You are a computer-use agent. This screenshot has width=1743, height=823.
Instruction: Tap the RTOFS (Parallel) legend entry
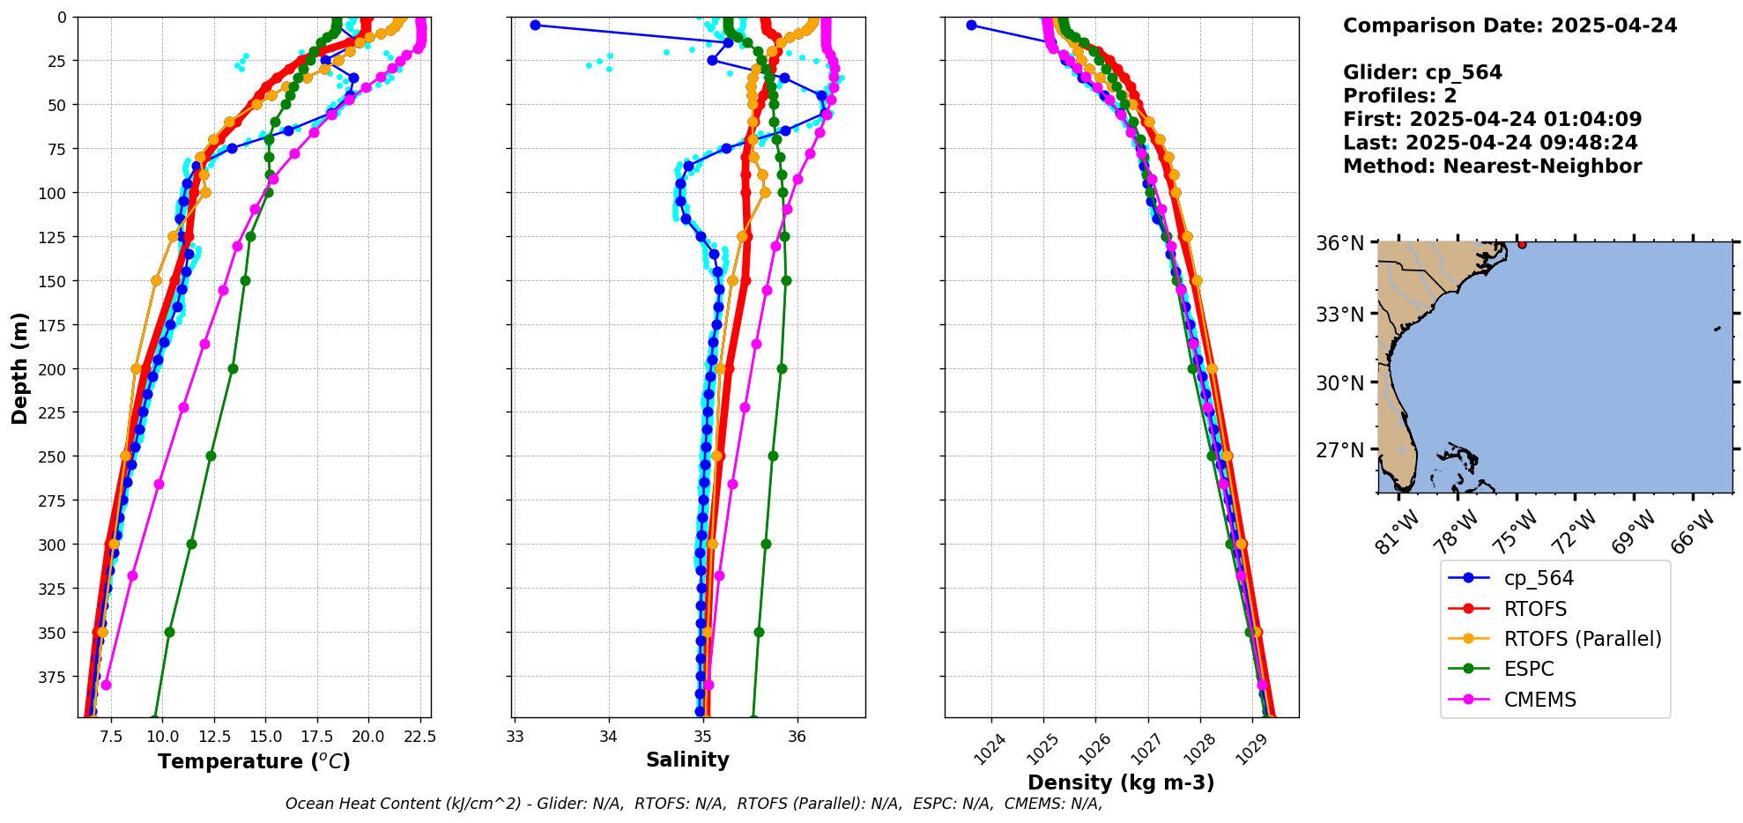(x=1582, y=639)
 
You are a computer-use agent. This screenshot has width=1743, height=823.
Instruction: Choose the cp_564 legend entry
(x=1538, y=578)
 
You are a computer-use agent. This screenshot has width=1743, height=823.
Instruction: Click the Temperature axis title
(x=254, y=761)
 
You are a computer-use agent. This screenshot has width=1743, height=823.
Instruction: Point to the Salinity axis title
(x=687, y=760)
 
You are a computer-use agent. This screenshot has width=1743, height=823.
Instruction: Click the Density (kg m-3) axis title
(x=1121, y=782)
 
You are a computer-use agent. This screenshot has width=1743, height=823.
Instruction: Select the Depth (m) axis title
(x=19, y=367)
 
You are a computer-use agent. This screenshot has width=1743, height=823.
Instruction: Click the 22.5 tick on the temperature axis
(x=421, y=736)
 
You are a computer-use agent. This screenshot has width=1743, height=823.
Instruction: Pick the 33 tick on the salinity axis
(x=515, y=736)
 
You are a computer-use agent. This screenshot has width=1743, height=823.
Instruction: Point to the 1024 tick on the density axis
(x=990, y=747)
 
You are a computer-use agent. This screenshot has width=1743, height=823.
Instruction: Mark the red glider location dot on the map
(x=1522, y=244)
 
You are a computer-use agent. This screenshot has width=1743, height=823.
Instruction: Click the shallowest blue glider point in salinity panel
(x=535, y=25)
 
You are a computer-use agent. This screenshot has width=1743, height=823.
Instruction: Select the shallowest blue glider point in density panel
(x=971, y=25)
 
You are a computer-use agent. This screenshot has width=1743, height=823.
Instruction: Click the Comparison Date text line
(x=1509, y=26)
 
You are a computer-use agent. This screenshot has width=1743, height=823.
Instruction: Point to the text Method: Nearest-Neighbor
(x=1492, y=167)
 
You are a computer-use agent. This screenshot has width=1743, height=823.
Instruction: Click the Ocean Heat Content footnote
(x=693, y=804)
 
